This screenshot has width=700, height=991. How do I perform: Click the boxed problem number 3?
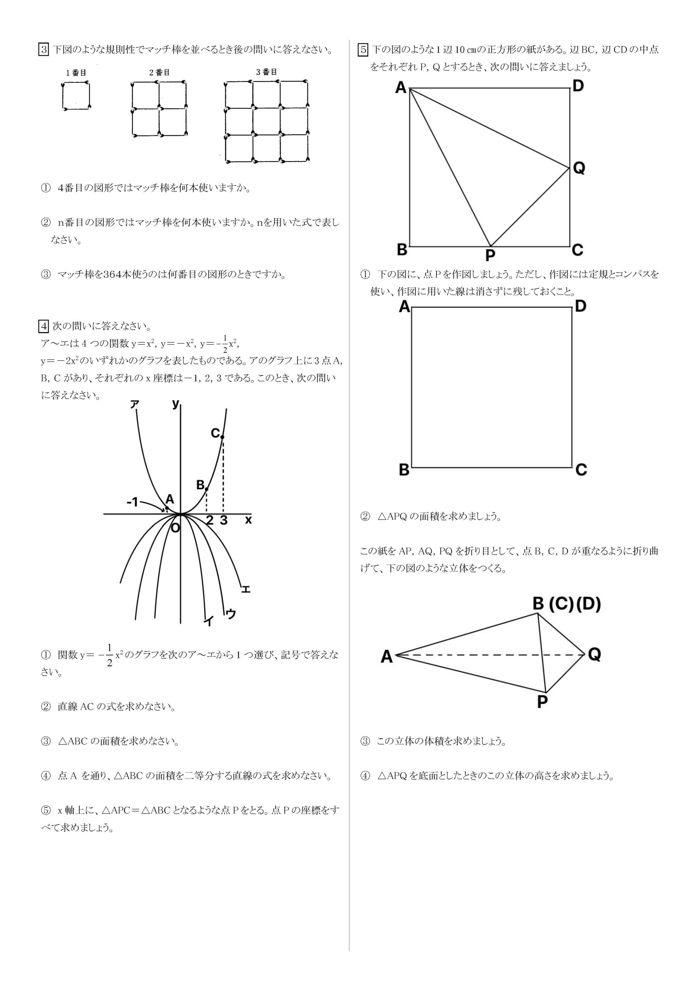click(x=44, y=50)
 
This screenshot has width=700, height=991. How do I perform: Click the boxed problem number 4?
click(x=44, y=326)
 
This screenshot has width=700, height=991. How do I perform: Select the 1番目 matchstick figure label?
click(x=76, y=73)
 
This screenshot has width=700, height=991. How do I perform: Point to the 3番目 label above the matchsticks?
click(x=266, y=72)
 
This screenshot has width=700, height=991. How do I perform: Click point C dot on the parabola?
click(x=222, y=437)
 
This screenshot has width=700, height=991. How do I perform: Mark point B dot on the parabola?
click(x=207, y=489)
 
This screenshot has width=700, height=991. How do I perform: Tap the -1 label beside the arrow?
click(x=132, y=502)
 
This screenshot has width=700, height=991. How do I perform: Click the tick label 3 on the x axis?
click(x=223, y=521)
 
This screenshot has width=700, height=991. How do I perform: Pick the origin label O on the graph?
click(x=175, y=528)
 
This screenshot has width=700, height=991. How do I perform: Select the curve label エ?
click(x=245, y=589)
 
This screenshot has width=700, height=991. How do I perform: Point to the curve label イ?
click(x=209, y=621)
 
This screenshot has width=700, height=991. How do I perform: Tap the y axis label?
click(x=175, y=404)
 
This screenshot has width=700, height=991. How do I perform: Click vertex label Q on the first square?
click(x=579, y=168)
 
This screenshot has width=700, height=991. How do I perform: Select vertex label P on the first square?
click(x=490, y=256)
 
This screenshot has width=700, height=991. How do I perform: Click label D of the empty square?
click(x=580, y=307)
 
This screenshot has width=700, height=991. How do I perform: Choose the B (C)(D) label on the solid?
click(x=566, y=604)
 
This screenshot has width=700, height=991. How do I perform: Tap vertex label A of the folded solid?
click(x=387, y=657)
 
